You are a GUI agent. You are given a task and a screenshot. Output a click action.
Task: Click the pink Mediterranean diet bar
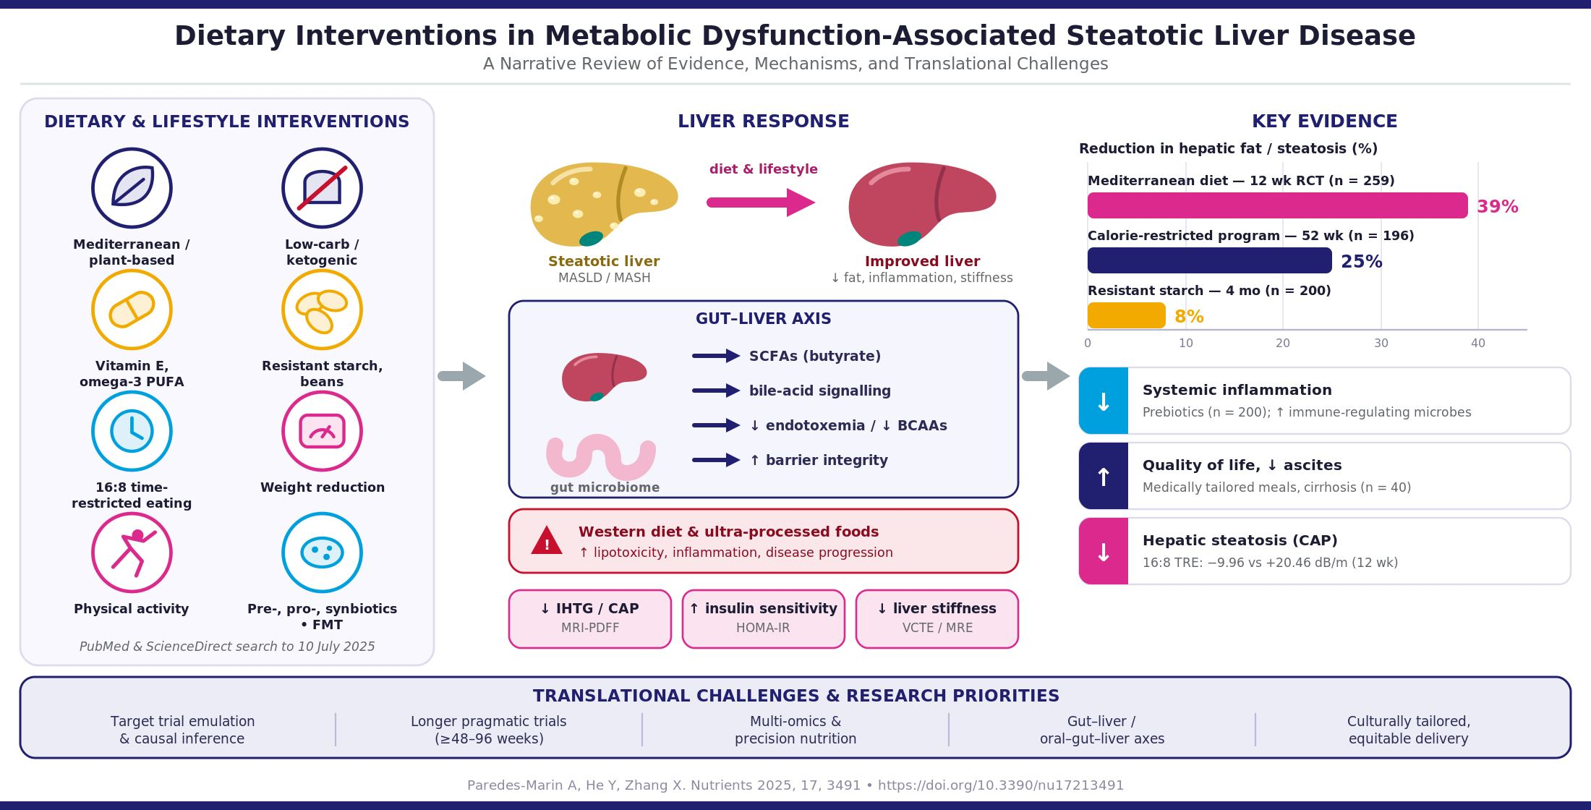(x=1277, y=205)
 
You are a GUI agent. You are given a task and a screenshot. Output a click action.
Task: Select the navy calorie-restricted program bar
(x=1209, y=260)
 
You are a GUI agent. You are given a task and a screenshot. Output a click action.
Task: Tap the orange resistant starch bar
(x=1127, y=315)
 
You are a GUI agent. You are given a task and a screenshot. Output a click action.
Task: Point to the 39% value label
(x=1498, y=207)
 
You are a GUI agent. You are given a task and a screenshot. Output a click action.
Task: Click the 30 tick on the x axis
(x=1381, y=343)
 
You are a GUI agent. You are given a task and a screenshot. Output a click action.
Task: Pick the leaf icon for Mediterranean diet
(x=132, y=188)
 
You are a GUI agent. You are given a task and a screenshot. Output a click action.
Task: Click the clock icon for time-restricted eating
(x=132, y=431)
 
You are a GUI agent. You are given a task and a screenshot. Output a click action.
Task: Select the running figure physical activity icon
(x=132, y=553)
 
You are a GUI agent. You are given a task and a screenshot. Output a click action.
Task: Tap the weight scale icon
(x=322, y=431)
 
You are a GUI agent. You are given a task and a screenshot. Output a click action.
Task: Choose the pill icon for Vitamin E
(x=132, y=310)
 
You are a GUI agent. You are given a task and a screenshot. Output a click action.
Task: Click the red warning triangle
(x=547, y=541)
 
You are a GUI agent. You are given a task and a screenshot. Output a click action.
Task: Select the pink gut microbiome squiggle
(x=601, y=457)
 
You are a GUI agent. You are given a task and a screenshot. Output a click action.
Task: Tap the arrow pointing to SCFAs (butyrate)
(x=716, y=356)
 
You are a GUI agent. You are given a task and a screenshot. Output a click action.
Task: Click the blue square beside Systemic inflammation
(x=1104, y=401)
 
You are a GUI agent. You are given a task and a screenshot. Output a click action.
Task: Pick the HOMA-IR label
(x=763, y=628)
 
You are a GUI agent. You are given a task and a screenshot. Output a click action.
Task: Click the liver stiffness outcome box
(x=937, y=619)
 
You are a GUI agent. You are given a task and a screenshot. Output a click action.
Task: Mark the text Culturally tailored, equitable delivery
(x=1409, y=730)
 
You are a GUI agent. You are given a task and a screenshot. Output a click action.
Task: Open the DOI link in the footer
(x=1001, y=785)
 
